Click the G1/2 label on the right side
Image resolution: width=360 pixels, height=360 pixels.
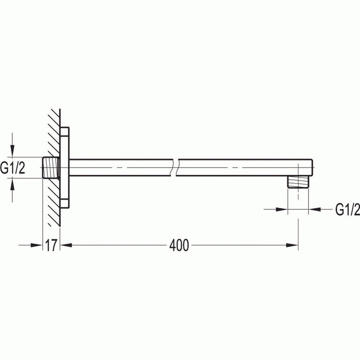(347, 209)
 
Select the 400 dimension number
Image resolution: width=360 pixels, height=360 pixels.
(179, 246)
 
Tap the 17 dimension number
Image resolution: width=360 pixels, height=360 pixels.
(50, 246)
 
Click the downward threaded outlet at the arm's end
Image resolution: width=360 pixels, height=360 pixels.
(298, 183)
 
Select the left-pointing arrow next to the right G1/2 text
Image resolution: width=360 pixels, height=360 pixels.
(315, 209)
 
